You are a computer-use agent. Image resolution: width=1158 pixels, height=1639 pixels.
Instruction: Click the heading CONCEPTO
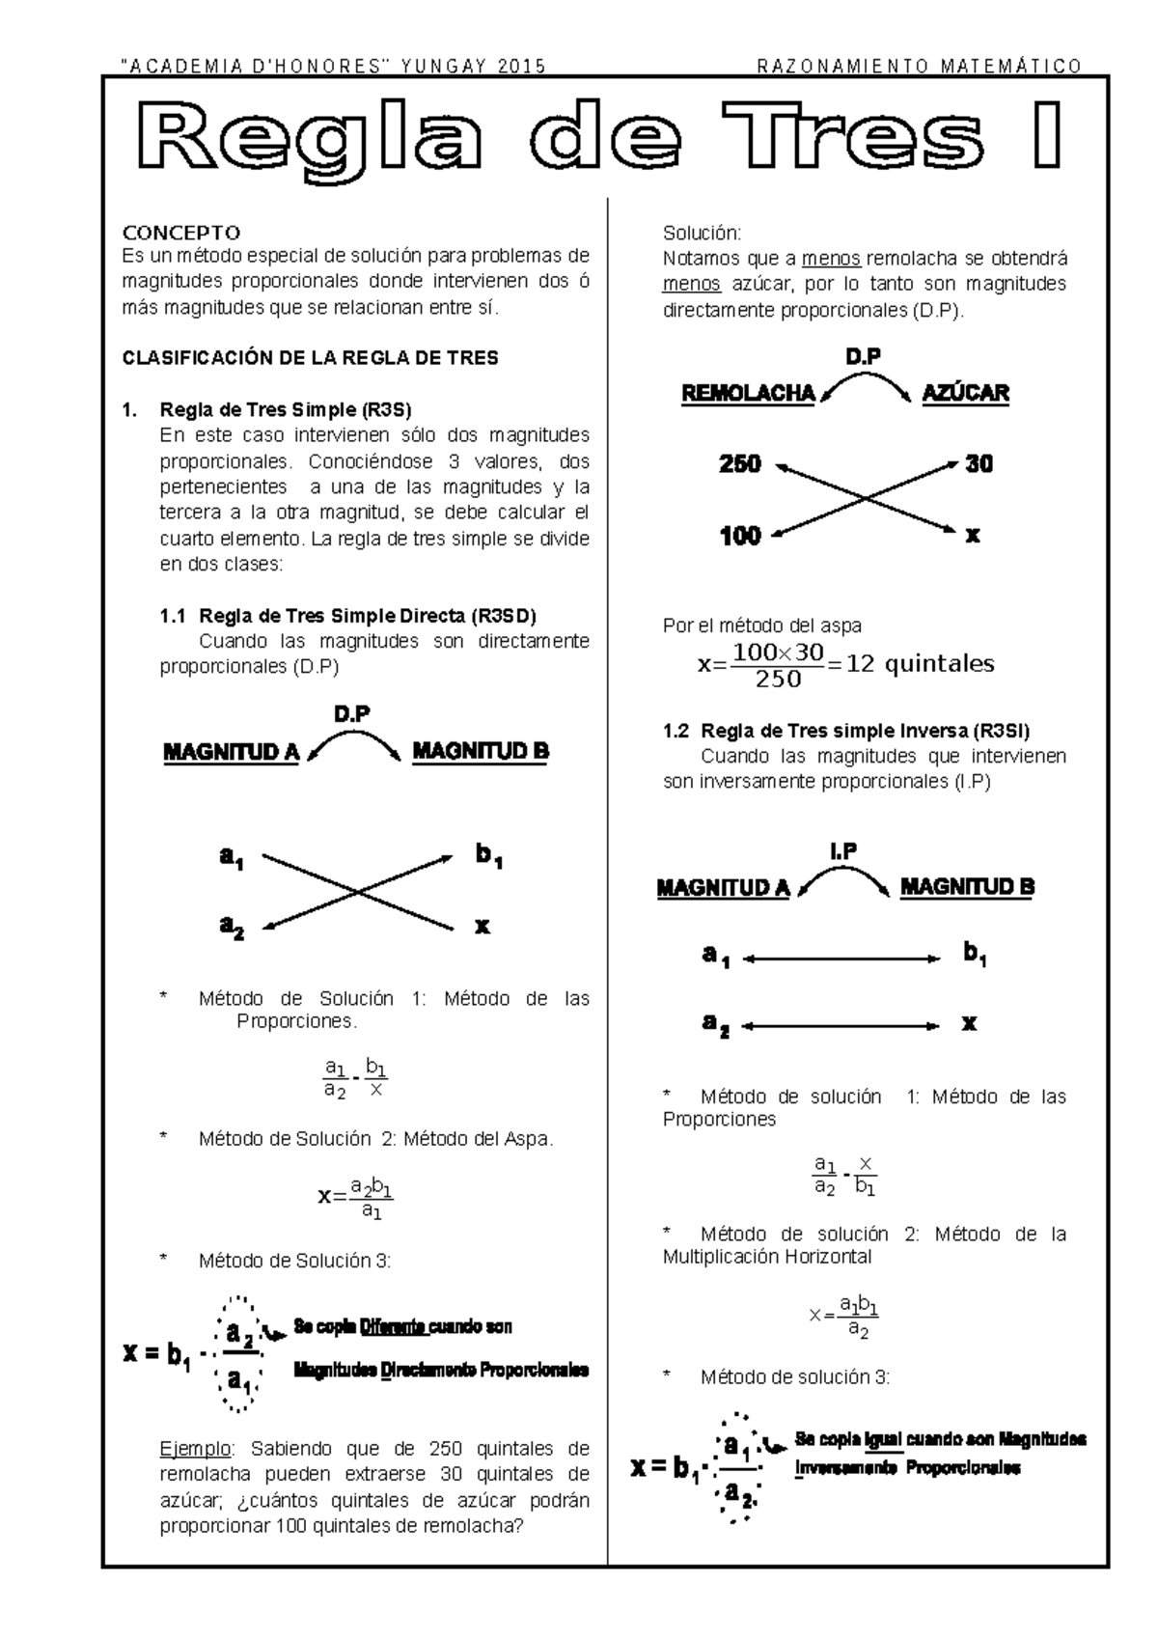[180, 233]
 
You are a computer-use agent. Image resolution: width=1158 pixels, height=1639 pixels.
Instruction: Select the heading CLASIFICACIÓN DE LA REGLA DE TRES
[310, 358]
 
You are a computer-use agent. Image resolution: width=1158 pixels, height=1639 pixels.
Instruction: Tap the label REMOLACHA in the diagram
[748, 394]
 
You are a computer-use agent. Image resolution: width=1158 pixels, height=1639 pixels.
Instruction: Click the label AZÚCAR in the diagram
[965, 394]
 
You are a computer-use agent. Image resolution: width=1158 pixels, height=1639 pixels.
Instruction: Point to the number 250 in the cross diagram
[740, 464]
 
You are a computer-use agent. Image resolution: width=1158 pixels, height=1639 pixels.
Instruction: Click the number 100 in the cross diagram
[740, 536]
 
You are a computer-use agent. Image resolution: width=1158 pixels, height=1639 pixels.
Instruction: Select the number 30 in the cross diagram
[979, 464]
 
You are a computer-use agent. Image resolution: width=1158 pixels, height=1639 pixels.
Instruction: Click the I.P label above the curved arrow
[842, 850]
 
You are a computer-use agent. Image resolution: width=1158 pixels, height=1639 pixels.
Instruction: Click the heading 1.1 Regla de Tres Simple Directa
[347, 616]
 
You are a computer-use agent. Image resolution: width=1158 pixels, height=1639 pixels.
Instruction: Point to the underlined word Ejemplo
[196, 1449]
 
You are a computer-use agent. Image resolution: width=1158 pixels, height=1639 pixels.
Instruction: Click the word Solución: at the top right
[702, 233]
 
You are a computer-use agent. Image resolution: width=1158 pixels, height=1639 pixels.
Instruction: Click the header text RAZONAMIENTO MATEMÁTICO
[919, 67]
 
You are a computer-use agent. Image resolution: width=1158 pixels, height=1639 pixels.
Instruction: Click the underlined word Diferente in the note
[394, 1327]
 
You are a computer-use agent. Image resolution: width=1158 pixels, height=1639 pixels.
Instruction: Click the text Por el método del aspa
[761, 625]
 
